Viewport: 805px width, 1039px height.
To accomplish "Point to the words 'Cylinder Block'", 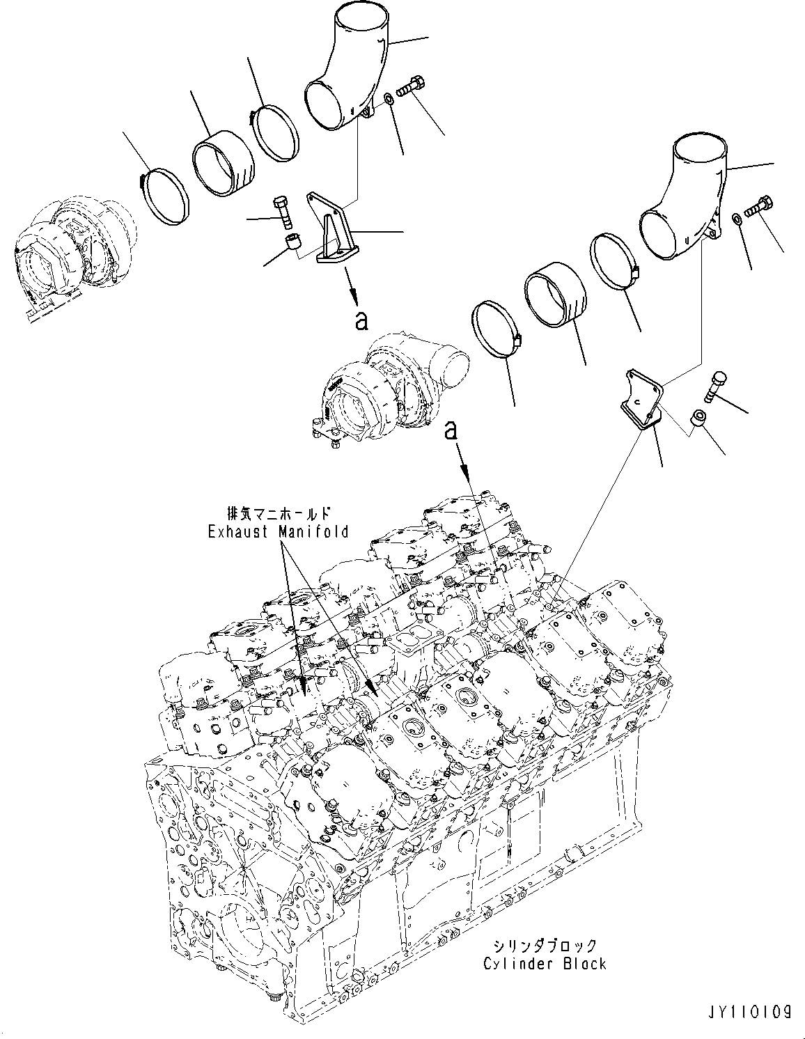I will pyautogui.click(x=545, y=963).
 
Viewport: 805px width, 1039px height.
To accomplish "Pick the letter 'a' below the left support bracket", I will pyautogui.click(x=359, y=320).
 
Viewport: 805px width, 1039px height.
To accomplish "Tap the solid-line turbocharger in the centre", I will pyautogui.click(x=380, y=390).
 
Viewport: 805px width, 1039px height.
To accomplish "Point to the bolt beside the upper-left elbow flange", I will pyautogui.click(x=412, y=89).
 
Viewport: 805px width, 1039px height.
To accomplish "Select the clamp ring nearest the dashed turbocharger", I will pyautogui.click(x=166, y=196).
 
